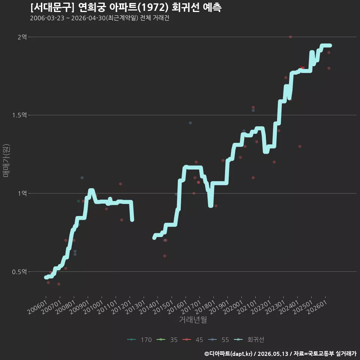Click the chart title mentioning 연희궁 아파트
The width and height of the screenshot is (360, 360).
point(126,7)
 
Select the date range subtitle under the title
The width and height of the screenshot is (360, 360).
point(100,18)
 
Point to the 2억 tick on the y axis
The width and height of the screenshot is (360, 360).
point(22,37)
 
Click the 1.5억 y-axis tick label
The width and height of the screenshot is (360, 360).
point(19,115)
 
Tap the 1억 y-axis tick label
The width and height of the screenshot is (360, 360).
point(22,193)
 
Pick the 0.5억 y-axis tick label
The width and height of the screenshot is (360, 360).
point(19,271)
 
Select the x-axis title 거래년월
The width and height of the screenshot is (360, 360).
point(193,319)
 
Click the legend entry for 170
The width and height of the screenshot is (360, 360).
point(139,340)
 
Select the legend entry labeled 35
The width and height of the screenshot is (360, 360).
point(167,340)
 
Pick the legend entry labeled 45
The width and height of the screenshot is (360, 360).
point(193,340)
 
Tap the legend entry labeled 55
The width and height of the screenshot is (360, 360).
point(218,340)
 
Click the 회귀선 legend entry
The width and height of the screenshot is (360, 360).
point(249,340)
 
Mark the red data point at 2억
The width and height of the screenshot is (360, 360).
point(290,37)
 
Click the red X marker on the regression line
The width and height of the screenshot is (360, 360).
point(302,67)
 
